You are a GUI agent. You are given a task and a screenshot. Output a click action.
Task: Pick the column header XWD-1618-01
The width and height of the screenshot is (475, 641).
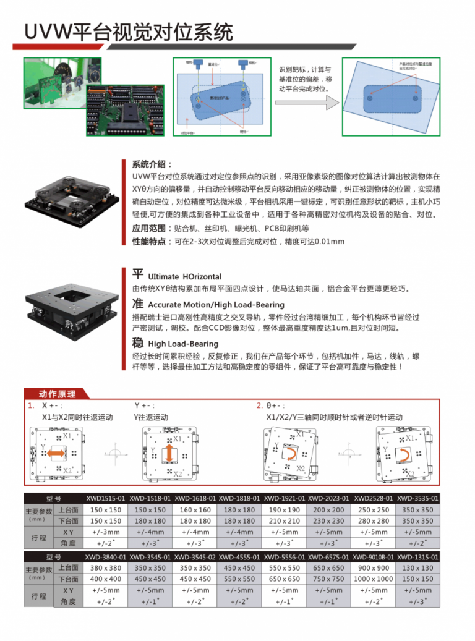click(x=195, y=498)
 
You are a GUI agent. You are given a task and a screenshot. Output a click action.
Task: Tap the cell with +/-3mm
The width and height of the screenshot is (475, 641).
click(x=105, y=532)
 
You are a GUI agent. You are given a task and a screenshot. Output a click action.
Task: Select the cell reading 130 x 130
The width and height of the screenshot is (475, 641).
click(x=418, y=567)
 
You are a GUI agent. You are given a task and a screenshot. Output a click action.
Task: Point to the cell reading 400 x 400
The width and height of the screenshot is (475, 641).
click(x=105, y=579)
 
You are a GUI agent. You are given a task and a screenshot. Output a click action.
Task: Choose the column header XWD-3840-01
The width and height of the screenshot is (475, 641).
click(x=105, y=557)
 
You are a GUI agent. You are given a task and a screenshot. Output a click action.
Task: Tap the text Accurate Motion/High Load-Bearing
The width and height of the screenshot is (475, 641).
click(x=216, y=305)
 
